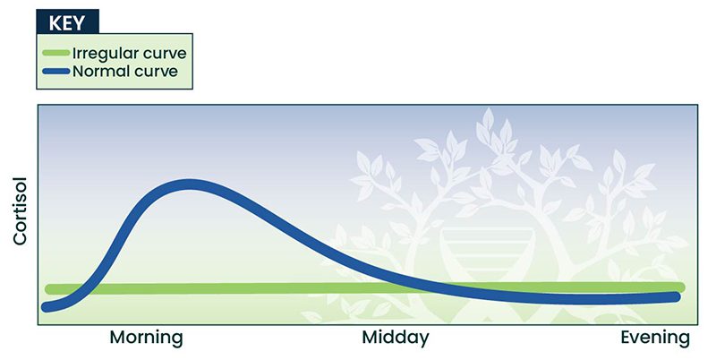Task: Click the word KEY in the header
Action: pos(66,23)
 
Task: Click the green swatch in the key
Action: pos(56,53)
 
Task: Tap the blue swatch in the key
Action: pos(56,72)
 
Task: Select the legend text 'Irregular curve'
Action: pos(130,54)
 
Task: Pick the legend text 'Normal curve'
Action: pos(125,72)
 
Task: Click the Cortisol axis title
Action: pos(21,211)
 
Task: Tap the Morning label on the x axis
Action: pos(147,339)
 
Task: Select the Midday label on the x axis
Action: pos(396,339)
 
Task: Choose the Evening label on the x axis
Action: pos(655,339)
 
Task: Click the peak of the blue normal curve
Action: pos(189,184)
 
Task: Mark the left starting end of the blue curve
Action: pos(47,307)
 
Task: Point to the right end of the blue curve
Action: pos(676,297)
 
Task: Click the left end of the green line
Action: pos(49,289)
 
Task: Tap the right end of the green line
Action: pos(680,287)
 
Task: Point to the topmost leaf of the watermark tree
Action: pos(488,119)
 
